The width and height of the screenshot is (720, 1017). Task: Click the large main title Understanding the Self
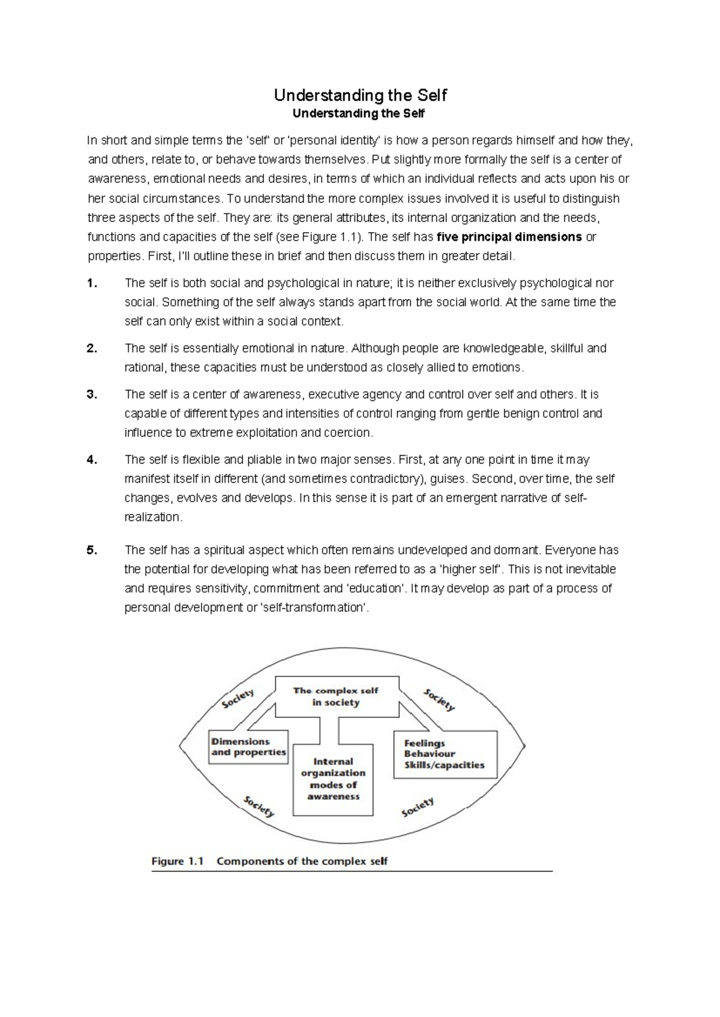click(x=360, y=95)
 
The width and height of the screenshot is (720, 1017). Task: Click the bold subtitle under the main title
click(x=360, y=113)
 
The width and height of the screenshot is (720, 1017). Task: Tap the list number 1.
click(x=91, y=283)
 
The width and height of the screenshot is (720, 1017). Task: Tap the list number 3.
click(x=91, y=395)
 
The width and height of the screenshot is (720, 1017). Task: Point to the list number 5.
click(x=91, y=550)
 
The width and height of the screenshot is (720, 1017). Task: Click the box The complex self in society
click(x=336, y=697)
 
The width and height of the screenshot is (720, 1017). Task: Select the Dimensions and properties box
click(x=248, y=747)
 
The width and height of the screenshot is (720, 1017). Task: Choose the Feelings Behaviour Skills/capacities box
click(x=445, y=754)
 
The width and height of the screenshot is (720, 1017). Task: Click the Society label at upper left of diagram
click(x=238, y=699)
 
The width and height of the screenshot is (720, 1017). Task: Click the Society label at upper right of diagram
click(x=439, y=699)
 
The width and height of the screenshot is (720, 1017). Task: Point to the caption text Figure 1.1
click(x=178, y=862)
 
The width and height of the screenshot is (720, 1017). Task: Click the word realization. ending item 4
click(x=153, y=517)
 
